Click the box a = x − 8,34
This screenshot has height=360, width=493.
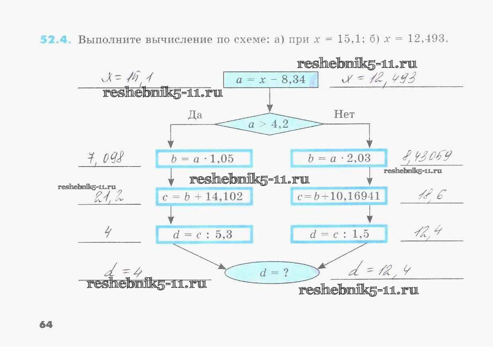pyautogui.click(x=270, y=79)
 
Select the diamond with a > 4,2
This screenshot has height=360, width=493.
pyautogui.click(x=269, y=124)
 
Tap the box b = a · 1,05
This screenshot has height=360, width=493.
pyautogui.click(x=204, y=159)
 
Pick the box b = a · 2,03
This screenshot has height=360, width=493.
pyautogui.click(x=339, y=159)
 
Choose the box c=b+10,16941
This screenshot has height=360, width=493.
pyautogui.click(x=338, y=197)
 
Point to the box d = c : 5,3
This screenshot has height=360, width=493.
pyautogui.click(x=204, y=234)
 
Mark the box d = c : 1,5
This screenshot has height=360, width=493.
pyautogui.click(x=339, y=234)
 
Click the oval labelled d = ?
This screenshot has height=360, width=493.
pyautogui.click(x=272, y=273)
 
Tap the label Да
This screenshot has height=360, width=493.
pyautogui.click(x=195, y=115)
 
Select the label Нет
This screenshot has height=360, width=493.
pyautogui.click(x=344, y=115)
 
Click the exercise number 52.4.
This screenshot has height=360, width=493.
pyautogui.click(x=55, y=39)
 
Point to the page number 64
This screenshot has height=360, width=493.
pyautogui.click(x=46, y=325)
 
